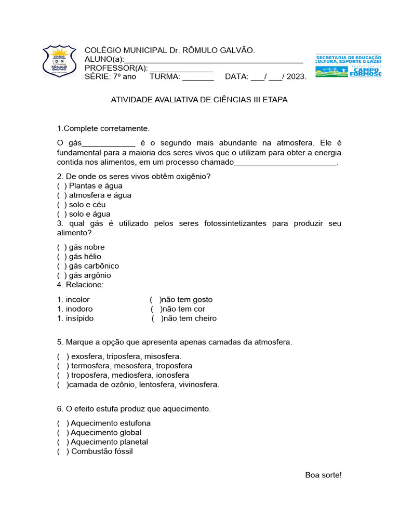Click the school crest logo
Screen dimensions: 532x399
(62, 61)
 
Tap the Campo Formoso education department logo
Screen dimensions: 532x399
(348, 65)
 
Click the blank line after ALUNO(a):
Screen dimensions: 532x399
(213, 60)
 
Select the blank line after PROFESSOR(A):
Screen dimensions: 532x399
(181, 69)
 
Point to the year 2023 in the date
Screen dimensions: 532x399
(296, 77)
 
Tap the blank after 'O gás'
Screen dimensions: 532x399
(109, 143)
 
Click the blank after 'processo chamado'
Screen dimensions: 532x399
(285, 163)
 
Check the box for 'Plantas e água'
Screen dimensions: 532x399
(62, 185)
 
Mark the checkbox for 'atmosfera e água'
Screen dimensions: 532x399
(62, 195)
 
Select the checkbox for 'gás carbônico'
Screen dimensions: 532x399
(62, 266)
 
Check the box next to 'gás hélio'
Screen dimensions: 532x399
(62, 257)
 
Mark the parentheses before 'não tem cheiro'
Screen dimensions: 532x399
(157, 318)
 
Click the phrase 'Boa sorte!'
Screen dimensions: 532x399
(323, 475)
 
